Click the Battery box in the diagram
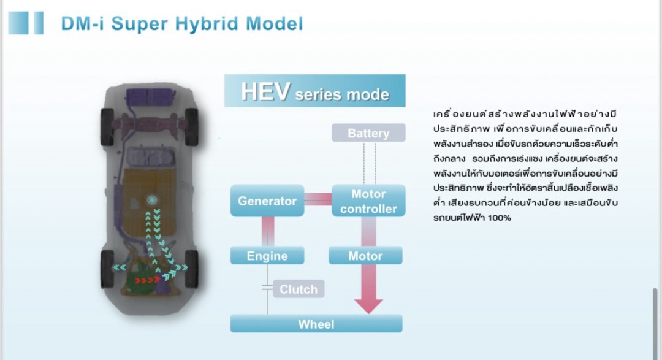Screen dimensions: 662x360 (368, 132)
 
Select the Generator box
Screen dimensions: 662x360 (267, 201)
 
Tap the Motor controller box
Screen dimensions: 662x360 (368, 201)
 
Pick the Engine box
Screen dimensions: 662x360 (267, 256)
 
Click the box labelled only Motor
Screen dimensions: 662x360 (365, 256)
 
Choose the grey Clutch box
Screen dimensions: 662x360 (299, 289)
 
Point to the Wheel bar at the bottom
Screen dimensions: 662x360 (316, 324)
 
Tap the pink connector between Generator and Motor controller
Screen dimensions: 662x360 (318, 199)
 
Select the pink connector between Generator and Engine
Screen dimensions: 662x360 (268, 232)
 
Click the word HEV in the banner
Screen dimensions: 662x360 (265, 91)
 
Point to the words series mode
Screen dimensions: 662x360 (342, 94)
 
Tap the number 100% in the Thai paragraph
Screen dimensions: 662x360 (499, 218)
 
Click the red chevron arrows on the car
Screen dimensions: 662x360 (147, 280)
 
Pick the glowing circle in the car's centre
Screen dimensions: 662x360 (151, 200)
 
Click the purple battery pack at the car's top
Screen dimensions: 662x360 (151, 97)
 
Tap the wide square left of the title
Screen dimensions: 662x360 (18, 23)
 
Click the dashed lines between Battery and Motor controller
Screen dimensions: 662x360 (370, 163)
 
